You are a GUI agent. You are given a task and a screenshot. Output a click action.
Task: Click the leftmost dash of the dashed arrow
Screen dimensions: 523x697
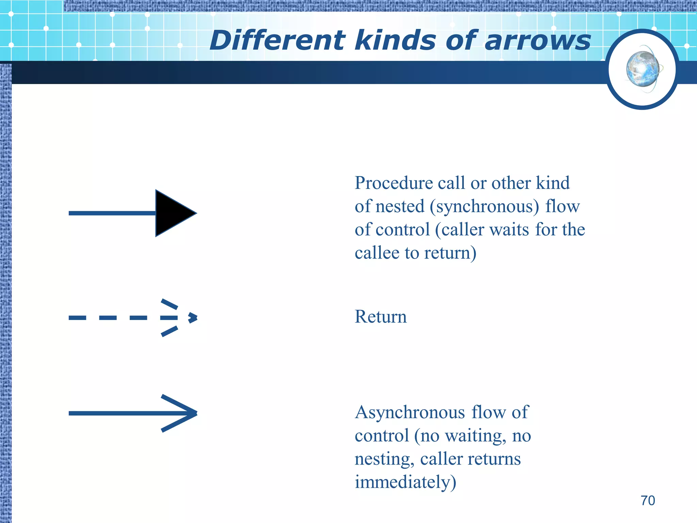coord(77,318)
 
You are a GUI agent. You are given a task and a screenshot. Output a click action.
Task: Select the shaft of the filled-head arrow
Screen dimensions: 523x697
coord(112,213)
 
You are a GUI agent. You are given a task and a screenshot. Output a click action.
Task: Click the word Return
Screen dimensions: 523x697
coord(380,317)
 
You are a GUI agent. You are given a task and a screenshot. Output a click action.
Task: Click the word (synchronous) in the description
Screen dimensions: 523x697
coord(484,206)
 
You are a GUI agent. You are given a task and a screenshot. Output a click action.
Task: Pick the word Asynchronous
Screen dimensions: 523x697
coord(410,412)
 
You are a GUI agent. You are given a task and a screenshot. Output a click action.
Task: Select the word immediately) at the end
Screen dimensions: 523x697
coord(405,482)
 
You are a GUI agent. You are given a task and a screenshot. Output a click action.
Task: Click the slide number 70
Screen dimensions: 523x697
coord(648,501)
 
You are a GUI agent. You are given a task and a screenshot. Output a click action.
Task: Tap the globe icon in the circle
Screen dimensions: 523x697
coord(643,69)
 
